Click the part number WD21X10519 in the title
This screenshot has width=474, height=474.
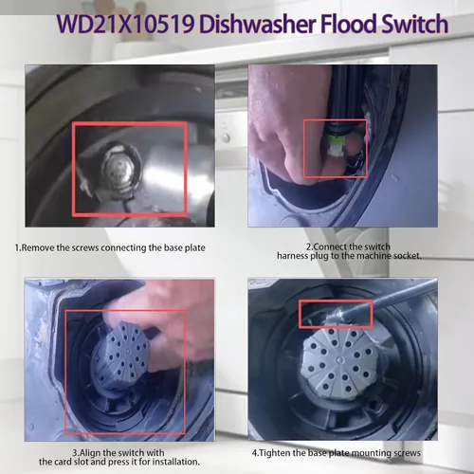click(126, 24)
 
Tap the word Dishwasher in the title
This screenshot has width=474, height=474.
click(258, 24)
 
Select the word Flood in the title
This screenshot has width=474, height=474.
click(349, 24)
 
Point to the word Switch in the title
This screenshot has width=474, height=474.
click(415, 24)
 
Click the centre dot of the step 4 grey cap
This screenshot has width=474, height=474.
click(340, 359)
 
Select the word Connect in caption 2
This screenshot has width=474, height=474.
click(331, 246)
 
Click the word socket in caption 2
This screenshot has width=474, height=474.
click(407, 256)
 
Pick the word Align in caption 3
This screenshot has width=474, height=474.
click(87, 453)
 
